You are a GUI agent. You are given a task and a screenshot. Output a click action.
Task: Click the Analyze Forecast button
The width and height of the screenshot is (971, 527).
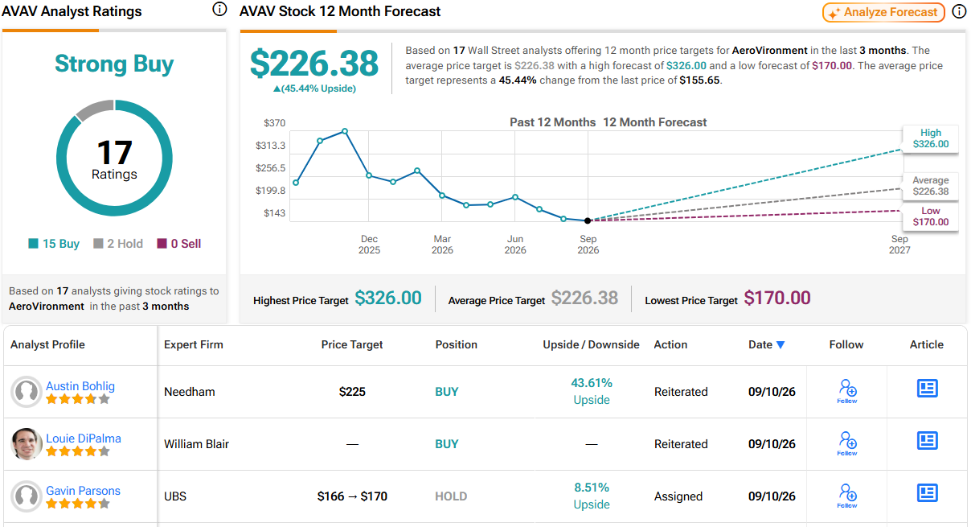pyautogui.click(x=883, y=12)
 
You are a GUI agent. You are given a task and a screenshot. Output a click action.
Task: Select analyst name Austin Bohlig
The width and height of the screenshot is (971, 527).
pyautogui.click(x=80, y=385)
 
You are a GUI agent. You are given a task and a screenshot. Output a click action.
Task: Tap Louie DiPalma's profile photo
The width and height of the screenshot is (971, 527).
pyautogui.click(x=26, y=443)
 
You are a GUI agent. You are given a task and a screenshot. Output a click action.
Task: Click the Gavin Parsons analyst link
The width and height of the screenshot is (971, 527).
pyautogui.click(x=83, y=490)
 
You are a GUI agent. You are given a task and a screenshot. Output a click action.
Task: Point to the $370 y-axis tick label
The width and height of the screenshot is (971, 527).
pyautogui.click(x=274, y=123)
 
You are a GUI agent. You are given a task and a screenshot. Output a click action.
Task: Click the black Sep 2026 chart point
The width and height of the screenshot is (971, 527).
pyautogui.click(x=588, y=220)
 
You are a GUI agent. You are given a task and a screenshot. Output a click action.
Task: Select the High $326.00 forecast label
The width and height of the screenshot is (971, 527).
pyautogui.click(x=930, y=138)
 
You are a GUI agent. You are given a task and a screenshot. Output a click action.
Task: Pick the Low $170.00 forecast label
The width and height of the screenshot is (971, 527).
pyautogui.click(x=930, y=216)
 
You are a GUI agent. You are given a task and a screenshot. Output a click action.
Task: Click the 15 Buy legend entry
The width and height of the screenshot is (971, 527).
pyautogui.click(x=54, y=244)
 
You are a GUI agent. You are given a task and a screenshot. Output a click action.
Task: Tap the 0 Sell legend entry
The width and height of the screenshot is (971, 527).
pyautogui.click(x=179, y=244)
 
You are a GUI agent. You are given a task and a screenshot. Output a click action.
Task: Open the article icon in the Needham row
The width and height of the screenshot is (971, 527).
pyautogui.click(x=928, y=388)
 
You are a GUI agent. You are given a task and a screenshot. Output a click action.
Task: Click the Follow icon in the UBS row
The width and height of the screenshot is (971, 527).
pyautogui.click(x=847, y=496)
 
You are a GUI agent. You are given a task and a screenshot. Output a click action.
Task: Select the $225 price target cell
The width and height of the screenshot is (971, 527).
pyautogui.click(x=352, y=392)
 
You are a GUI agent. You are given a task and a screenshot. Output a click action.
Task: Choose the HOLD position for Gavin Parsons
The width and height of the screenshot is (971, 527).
pyautogui.click(x=451, y=496)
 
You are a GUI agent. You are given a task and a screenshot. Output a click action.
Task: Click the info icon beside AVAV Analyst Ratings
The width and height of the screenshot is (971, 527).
pyautogui.click(x=219, y=10)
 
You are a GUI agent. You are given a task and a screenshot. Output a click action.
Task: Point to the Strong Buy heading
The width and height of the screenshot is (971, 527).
pyautogui.click(x=114, y=64)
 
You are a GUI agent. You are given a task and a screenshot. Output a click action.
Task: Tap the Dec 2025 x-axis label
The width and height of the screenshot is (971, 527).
pyautogui.click(x=369, y=245)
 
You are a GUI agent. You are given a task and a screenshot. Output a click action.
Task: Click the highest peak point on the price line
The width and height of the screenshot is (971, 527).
pyautogui.click(x=345, y=131)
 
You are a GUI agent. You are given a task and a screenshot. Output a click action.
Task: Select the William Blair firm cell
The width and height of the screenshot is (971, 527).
pyautogui.click(x=196, y=444)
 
